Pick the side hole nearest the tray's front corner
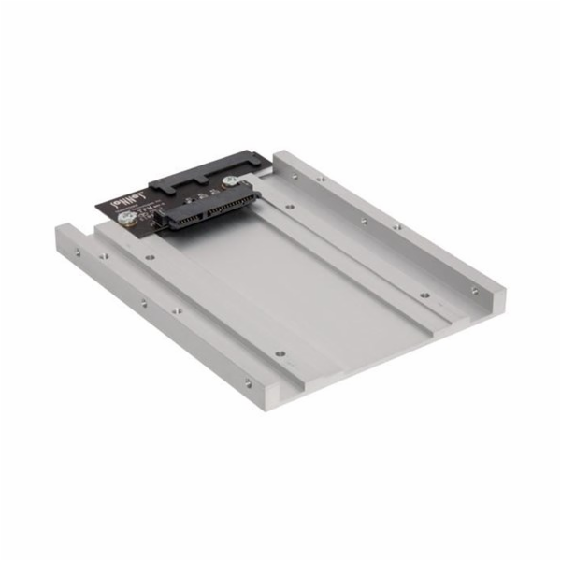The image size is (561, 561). [248, 382]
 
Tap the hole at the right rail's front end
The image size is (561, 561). [474, 291]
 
